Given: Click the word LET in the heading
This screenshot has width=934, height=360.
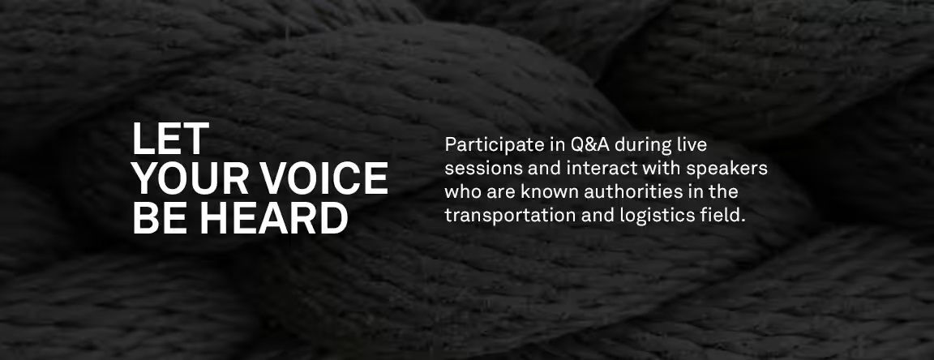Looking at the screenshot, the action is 170,139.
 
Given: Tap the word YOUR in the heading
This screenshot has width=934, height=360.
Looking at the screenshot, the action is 190,178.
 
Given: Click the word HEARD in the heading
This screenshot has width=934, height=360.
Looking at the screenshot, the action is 273,217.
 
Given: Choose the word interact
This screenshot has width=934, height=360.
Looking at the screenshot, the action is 602,169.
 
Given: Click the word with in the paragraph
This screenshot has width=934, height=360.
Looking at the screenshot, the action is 662,168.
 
